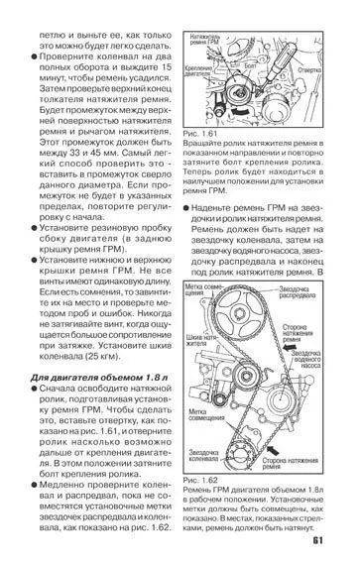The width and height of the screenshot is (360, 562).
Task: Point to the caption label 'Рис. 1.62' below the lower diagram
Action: (201, 481)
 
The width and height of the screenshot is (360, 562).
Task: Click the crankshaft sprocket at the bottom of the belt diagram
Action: (260, 448)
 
